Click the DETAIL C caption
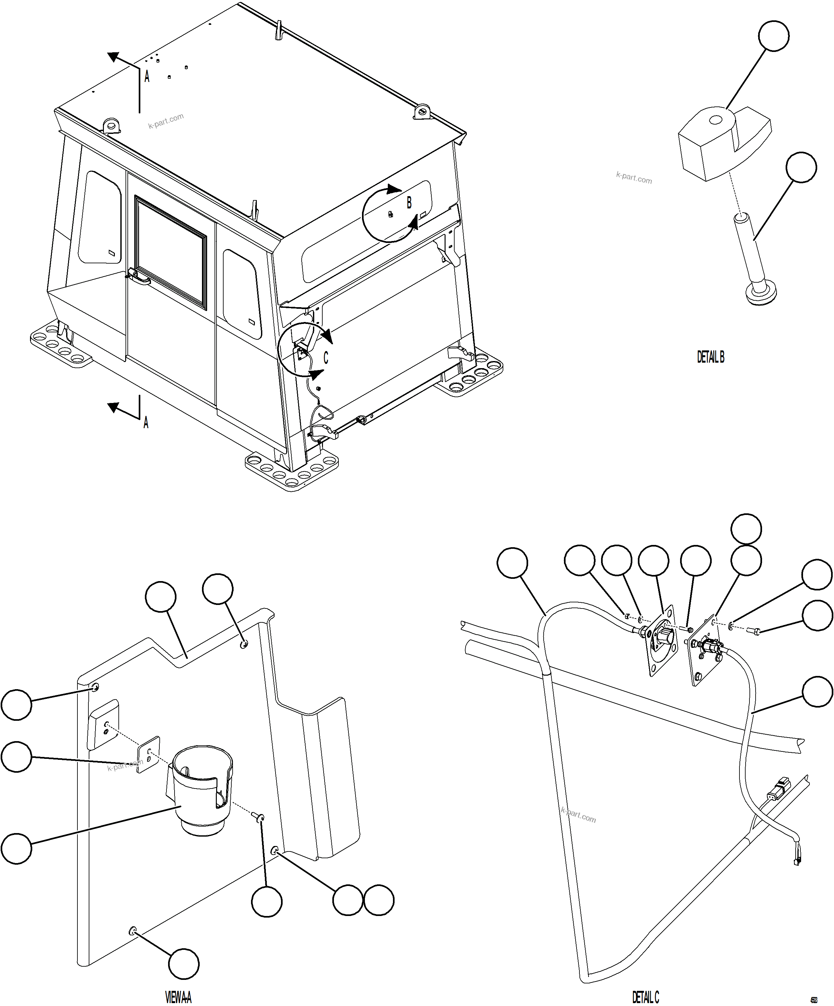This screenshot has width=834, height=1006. coord(645,997)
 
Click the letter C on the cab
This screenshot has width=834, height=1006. coord(326,358)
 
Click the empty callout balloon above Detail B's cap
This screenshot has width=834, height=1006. coord(774,36)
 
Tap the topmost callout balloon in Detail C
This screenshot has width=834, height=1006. coord(746,529)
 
